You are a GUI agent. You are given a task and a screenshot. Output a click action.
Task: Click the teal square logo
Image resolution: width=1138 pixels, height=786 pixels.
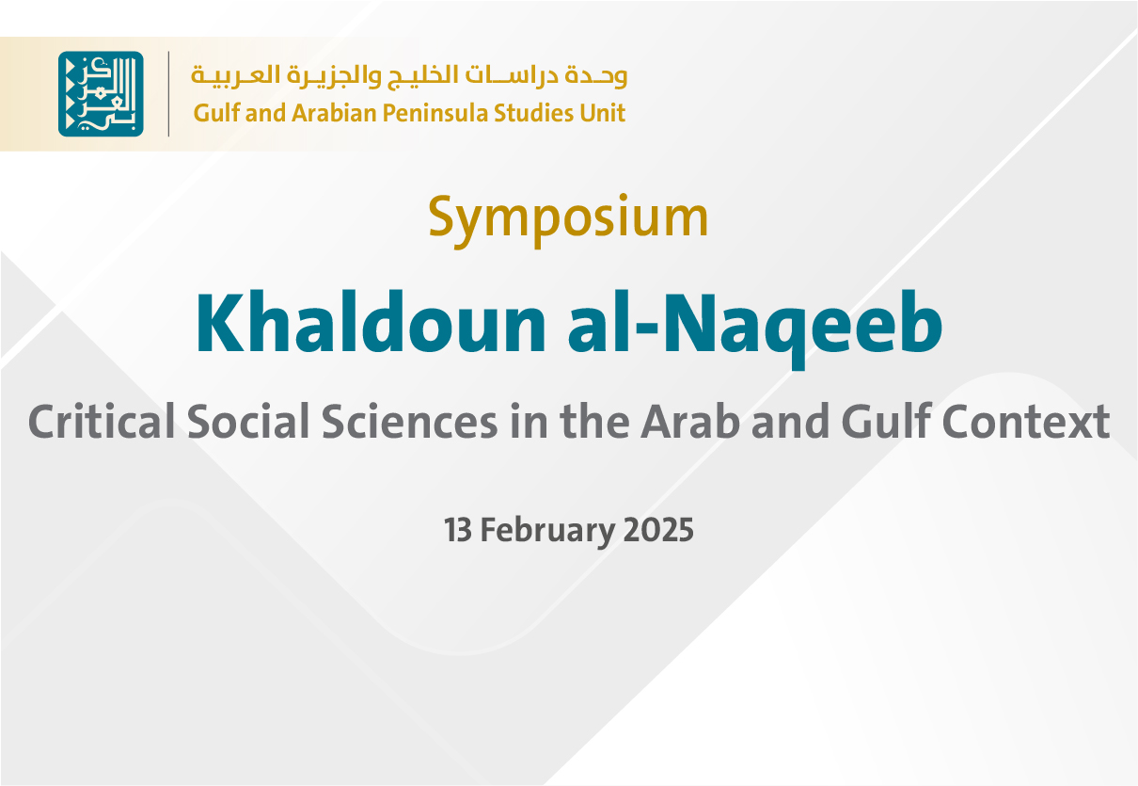[101, 94]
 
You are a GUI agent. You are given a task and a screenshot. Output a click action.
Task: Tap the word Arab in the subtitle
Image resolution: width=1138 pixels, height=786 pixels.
[684, 422]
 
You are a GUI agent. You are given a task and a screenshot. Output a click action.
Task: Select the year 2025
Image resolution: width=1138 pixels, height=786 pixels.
[658, 531]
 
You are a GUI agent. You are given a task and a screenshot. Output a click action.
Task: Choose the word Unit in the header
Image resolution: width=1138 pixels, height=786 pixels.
[603, 114]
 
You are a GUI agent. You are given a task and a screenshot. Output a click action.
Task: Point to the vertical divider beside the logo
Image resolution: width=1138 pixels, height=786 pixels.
[169, 94]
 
